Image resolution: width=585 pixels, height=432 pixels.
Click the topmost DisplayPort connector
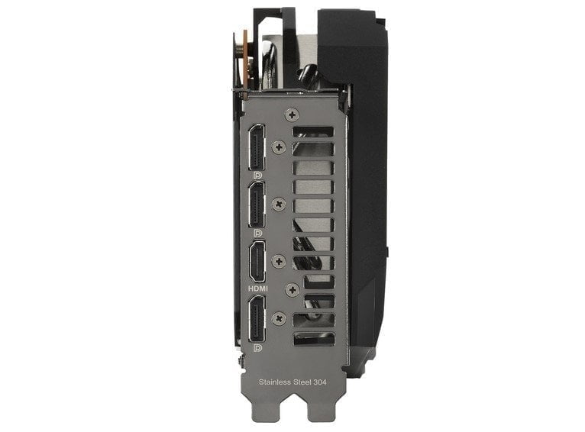tap(257, 147)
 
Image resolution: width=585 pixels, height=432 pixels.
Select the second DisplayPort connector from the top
tap(257, 205)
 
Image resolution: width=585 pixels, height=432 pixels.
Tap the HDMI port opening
tap(257, 262)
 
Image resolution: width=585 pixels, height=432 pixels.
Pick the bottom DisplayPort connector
tap(257, 319)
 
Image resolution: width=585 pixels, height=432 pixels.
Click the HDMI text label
tap(258, 289)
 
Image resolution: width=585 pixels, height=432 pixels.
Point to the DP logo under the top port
tap(257, 176)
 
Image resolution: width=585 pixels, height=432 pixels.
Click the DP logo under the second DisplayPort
tap(257, 233)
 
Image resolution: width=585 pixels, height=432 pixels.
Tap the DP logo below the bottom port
tap(257, 348)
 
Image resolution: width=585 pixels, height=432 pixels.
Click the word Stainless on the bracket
tap(275, 382)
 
